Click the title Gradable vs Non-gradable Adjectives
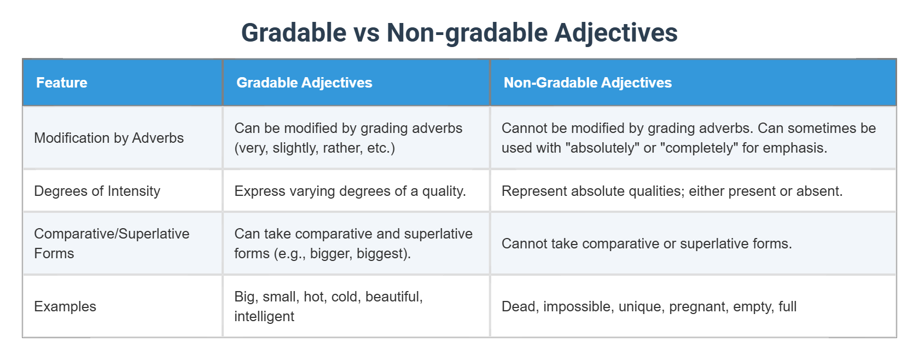coord(459,33)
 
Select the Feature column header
coord(62,83)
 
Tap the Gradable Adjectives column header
coord(304,83)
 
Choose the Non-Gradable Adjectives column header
coord(588,83)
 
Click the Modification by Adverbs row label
coord(109,138)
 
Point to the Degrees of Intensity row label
coord(97,191)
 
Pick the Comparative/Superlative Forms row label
coord(112,243)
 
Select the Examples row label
coord(65,306)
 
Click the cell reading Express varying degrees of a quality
coord(350,191)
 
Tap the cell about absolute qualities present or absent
coord(672,191)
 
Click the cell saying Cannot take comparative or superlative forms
coord(647,243)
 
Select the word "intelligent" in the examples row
coord(264,316)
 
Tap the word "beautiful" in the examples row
coord(394,297)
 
